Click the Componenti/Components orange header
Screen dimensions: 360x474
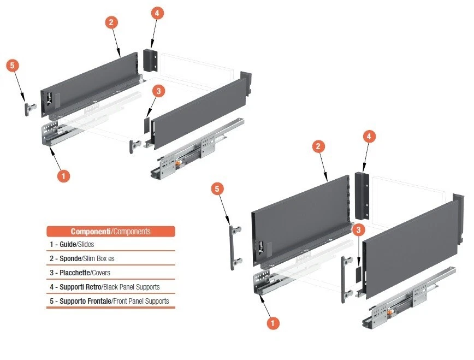110,231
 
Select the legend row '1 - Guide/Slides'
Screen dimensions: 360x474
110,244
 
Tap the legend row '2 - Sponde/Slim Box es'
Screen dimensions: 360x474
110,258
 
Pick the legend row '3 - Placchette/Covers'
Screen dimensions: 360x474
110,273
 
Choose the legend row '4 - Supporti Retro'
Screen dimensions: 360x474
110,287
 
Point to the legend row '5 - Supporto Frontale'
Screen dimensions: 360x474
110,301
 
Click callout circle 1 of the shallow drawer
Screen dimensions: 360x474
63,176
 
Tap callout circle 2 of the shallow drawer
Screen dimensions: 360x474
111,22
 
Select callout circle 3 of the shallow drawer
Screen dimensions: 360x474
158,91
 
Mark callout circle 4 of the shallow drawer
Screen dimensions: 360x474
157,13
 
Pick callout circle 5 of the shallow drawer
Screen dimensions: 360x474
13,65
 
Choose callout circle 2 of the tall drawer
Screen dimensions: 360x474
319,146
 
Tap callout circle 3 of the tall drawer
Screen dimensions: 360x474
358,230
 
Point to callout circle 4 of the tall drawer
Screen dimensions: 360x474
370,137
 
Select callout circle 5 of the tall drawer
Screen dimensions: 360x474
217,189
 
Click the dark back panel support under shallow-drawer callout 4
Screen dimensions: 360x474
150,60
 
